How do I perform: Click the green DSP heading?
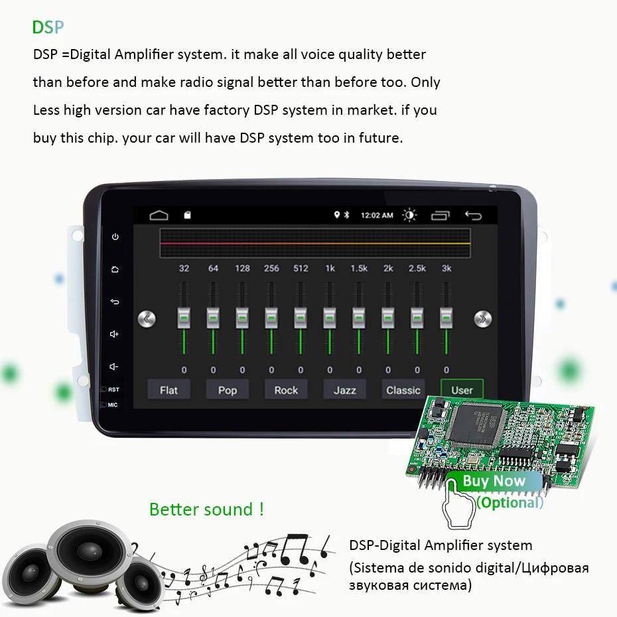pos(48,27)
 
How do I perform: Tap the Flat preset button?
pos(169,390)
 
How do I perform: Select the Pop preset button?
pos(227,390)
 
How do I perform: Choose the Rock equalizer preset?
pos(286,390)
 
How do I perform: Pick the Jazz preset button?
pos(344,390)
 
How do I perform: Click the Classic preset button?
pos(403,390)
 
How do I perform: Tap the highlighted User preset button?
pos(462,390)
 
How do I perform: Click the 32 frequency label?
pos(184,269)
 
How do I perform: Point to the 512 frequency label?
pos(301,269)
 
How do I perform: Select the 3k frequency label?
pos(446,269)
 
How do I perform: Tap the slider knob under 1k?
pos(330,318)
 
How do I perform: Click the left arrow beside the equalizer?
pos(147,319)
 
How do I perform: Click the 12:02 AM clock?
pos(377,216)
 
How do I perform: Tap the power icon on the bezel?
pos(115,237)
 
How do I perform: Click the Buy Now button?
pos(494,482)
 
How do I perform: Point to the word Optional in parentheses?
pos(510,502)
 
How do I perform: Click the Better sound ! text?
pos(207,510)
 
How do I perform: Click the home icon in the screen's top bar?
pos(159,215)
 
